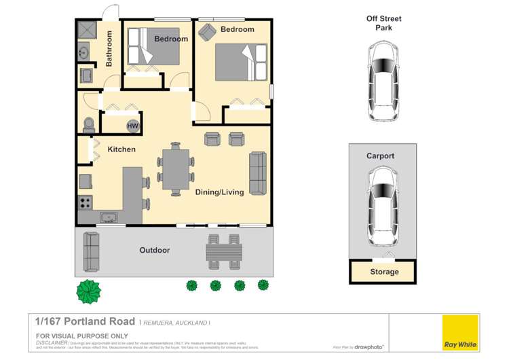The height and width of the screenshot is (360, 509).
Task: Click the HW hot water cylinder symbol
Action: pos(132,126)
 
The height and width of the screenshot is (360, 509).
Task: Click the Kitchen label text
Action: pos(121,149)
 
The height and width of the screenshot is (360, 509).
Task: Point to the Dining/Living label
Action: pos(219,192)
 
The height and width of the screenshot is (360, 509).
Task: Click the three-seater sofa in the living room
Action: pos(258,172)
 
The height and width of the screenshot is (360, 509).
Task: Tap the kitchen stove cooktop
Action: pos(86,202)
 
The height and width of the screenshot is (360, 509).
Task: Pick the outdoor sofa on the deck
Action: pos(92,251)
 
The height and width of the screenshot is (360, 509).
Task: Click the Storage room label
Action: pos(384,272)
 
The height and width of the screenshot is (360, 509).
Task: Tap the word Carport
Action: pos(380,156)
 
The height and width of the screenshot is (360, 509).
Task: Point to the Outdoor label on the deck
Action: pos(155,250)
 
